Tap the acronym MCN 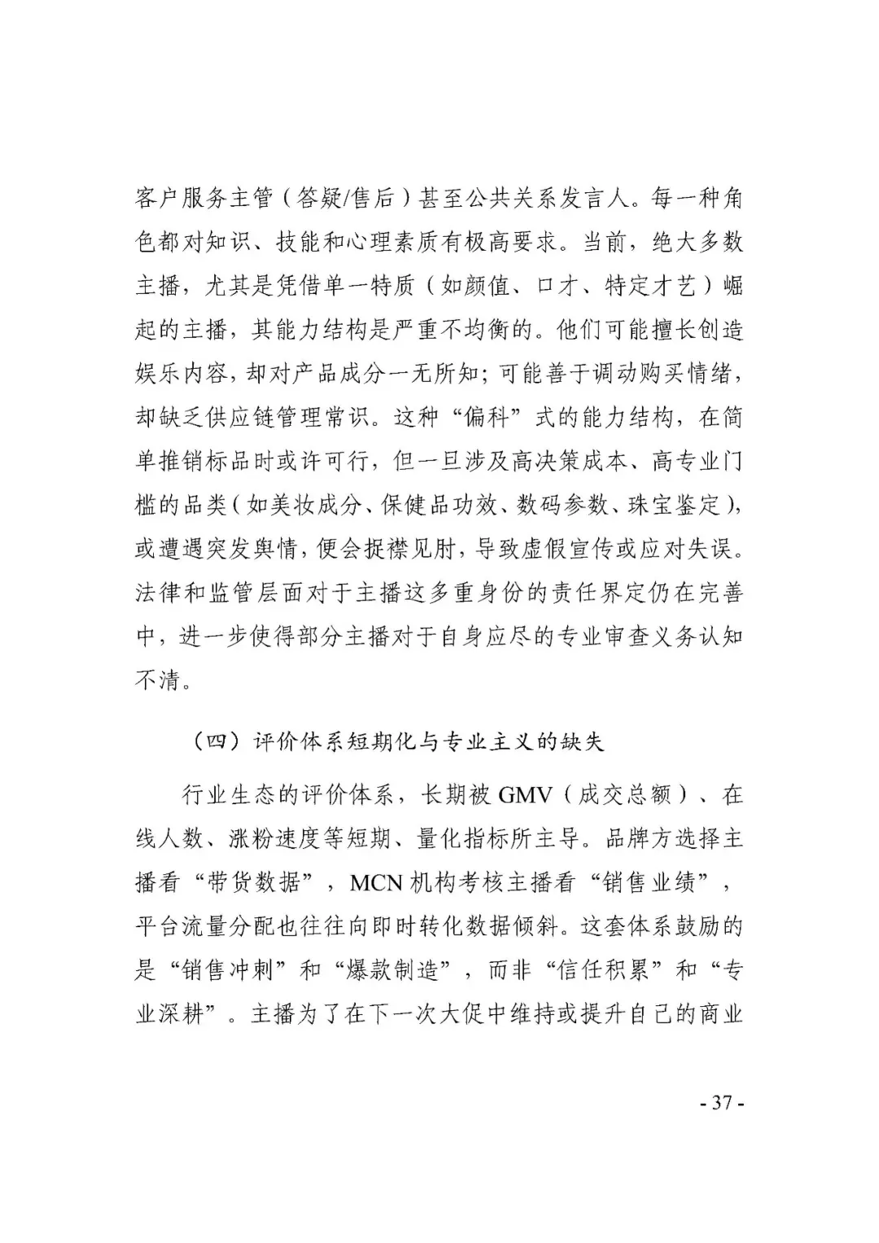[x=376, y=882]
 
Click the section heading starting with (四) [x=398, y=742]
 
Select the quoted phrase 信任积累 [x=602, y=970]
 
